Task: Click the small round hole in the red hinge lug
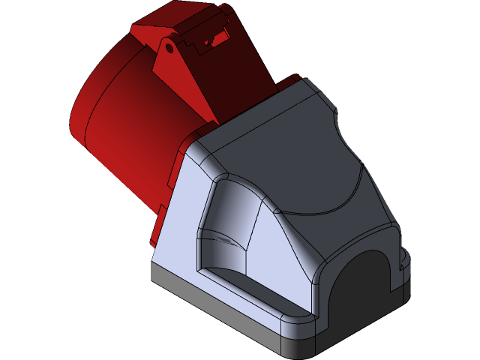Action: tap(170, 49)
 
